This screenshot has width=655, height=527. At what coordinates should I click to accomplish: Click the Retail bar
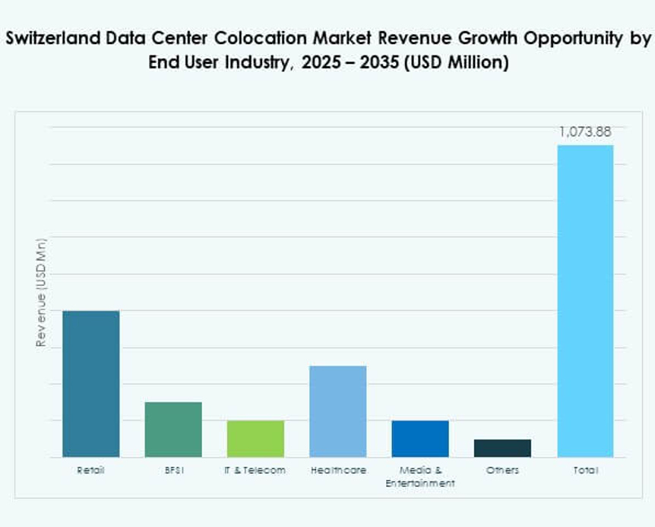(x=90, y=383)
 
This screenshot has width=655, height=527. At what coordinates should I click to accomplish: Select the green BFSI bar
(x=173, y=429)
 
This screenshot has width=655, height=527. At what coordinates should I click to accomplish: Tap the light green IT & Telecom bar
(x=255, y=438)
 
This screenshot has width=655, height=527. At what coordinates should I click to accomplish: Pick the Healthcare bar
(x=338, y=411)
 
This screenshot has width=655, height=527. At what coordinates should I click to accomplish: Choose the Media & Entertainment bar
(x=420, y=438)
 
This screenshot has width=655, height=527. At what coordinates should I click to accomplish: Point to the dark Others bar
(x=502, y=447)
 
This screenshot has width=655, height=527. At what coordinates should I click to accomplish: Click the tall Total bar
(x=585, y=300)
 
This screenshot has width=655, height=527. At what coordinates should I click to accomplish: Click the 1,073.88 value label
(x=585, y=132)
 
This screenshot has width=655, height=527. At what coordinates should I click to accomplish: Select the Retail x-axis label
(x=90, y=470)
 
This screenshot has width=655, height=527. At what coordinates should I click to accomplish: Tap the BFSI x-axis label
(x=173, y=470)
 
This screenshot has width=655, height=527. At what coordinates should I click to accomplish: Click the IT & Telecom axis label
(x=255, y=470)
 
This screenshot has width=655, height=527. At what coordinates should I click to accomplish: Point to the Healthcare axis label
(x=338, y=470)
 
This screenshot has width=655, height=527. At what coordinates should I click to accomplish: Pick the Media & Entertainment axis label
(x=420, y=476)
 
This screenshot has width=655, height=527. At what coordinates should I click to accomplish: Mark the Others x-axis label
(x=502, y=470)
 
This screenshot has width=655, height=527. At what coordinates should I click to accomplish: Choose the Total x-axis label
(x=585, y=470)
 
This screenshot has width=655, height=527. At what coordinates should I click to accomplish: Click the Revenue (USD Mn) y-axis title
(x=41, y=293)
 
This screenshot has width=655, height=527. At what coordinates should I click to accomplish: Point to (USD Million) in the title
(x=456, y=62)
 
